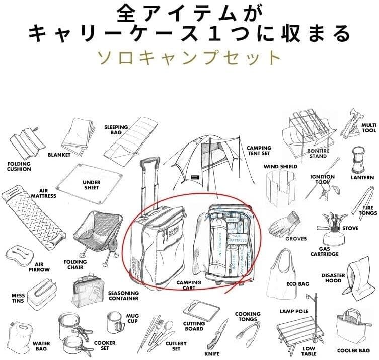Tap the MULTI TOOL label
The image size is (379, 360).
(369, 128)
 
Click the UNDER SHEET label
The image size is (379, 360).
(92, 184)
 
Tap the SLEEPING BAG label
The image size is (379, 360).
(116, 130)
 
